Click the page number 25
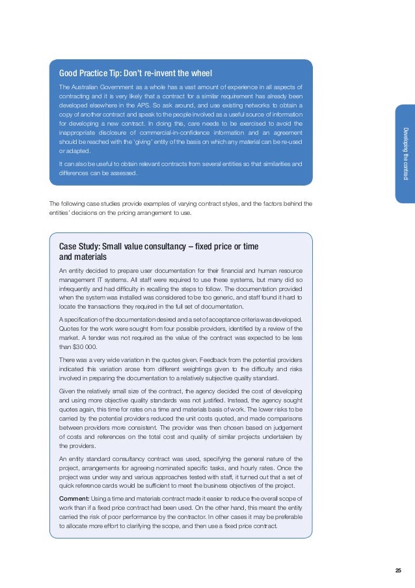click(398, 570)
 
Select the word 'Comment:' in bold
click(74, 498)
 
